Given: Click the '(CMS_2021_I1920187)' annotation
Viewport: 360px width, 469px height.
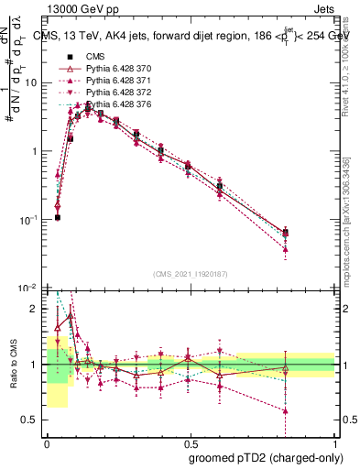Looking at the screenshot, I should pyautogui.click(x=190, y=273).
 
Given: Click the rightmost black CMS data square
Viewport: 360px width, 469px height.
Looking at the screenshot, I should pyautogui.click(x=286, y=233).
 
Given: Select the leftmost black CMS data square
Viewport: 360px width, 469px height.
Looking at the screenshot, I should pyautogui.click(x=57, y=217).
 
